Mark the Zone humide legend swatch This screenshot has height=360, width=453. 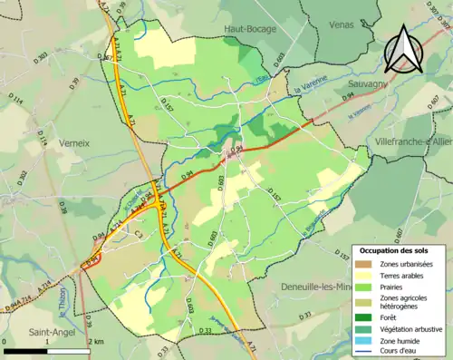tap(366, 340)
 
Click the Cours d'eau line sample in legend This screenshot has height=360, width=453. tap(366, 352)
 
